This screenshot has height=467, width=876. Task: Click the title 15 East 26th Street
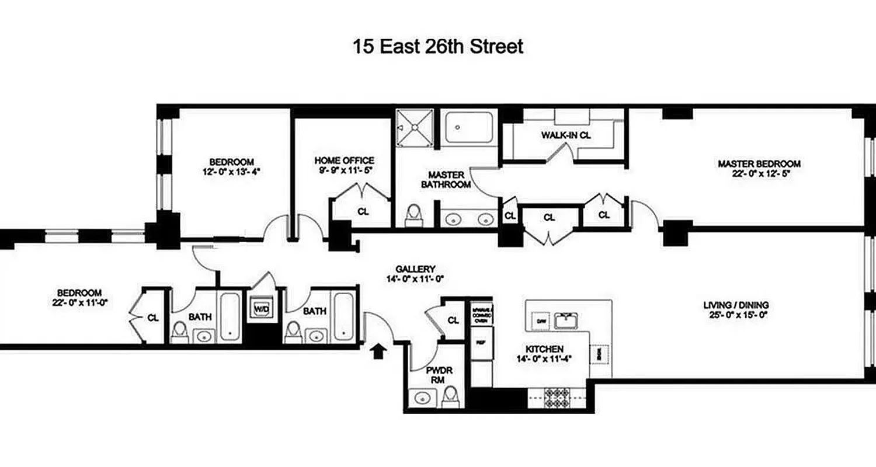click(x=437, y=47)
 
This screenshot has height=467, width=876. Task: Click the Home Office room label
click(x=344, y=161)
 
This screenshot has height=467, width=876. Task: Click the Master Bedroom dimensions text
click(x=759, y=174)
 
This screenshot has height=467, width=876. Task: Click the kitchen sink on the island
click(x=565, y=320)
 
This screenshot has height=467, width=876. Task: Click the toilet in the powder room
click(x=450, y=398)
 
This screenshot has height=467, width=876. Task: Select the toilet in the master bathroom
click(x=413, y=214)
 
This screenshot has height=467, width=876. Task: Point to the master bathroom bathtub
click(x=469, y=127)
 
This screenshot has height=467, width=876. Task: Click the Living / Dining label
click(x=736, y=305)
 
